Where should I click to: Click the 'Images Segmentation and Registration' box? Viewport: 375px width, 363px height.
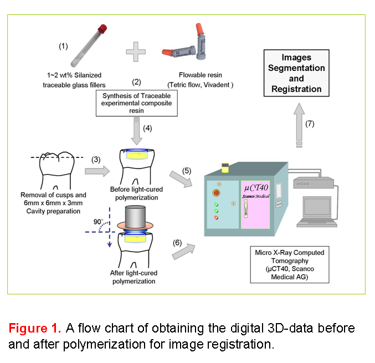point(296,73)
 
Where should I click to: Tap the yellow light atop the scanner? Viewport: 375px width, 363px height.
point(224,166)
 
